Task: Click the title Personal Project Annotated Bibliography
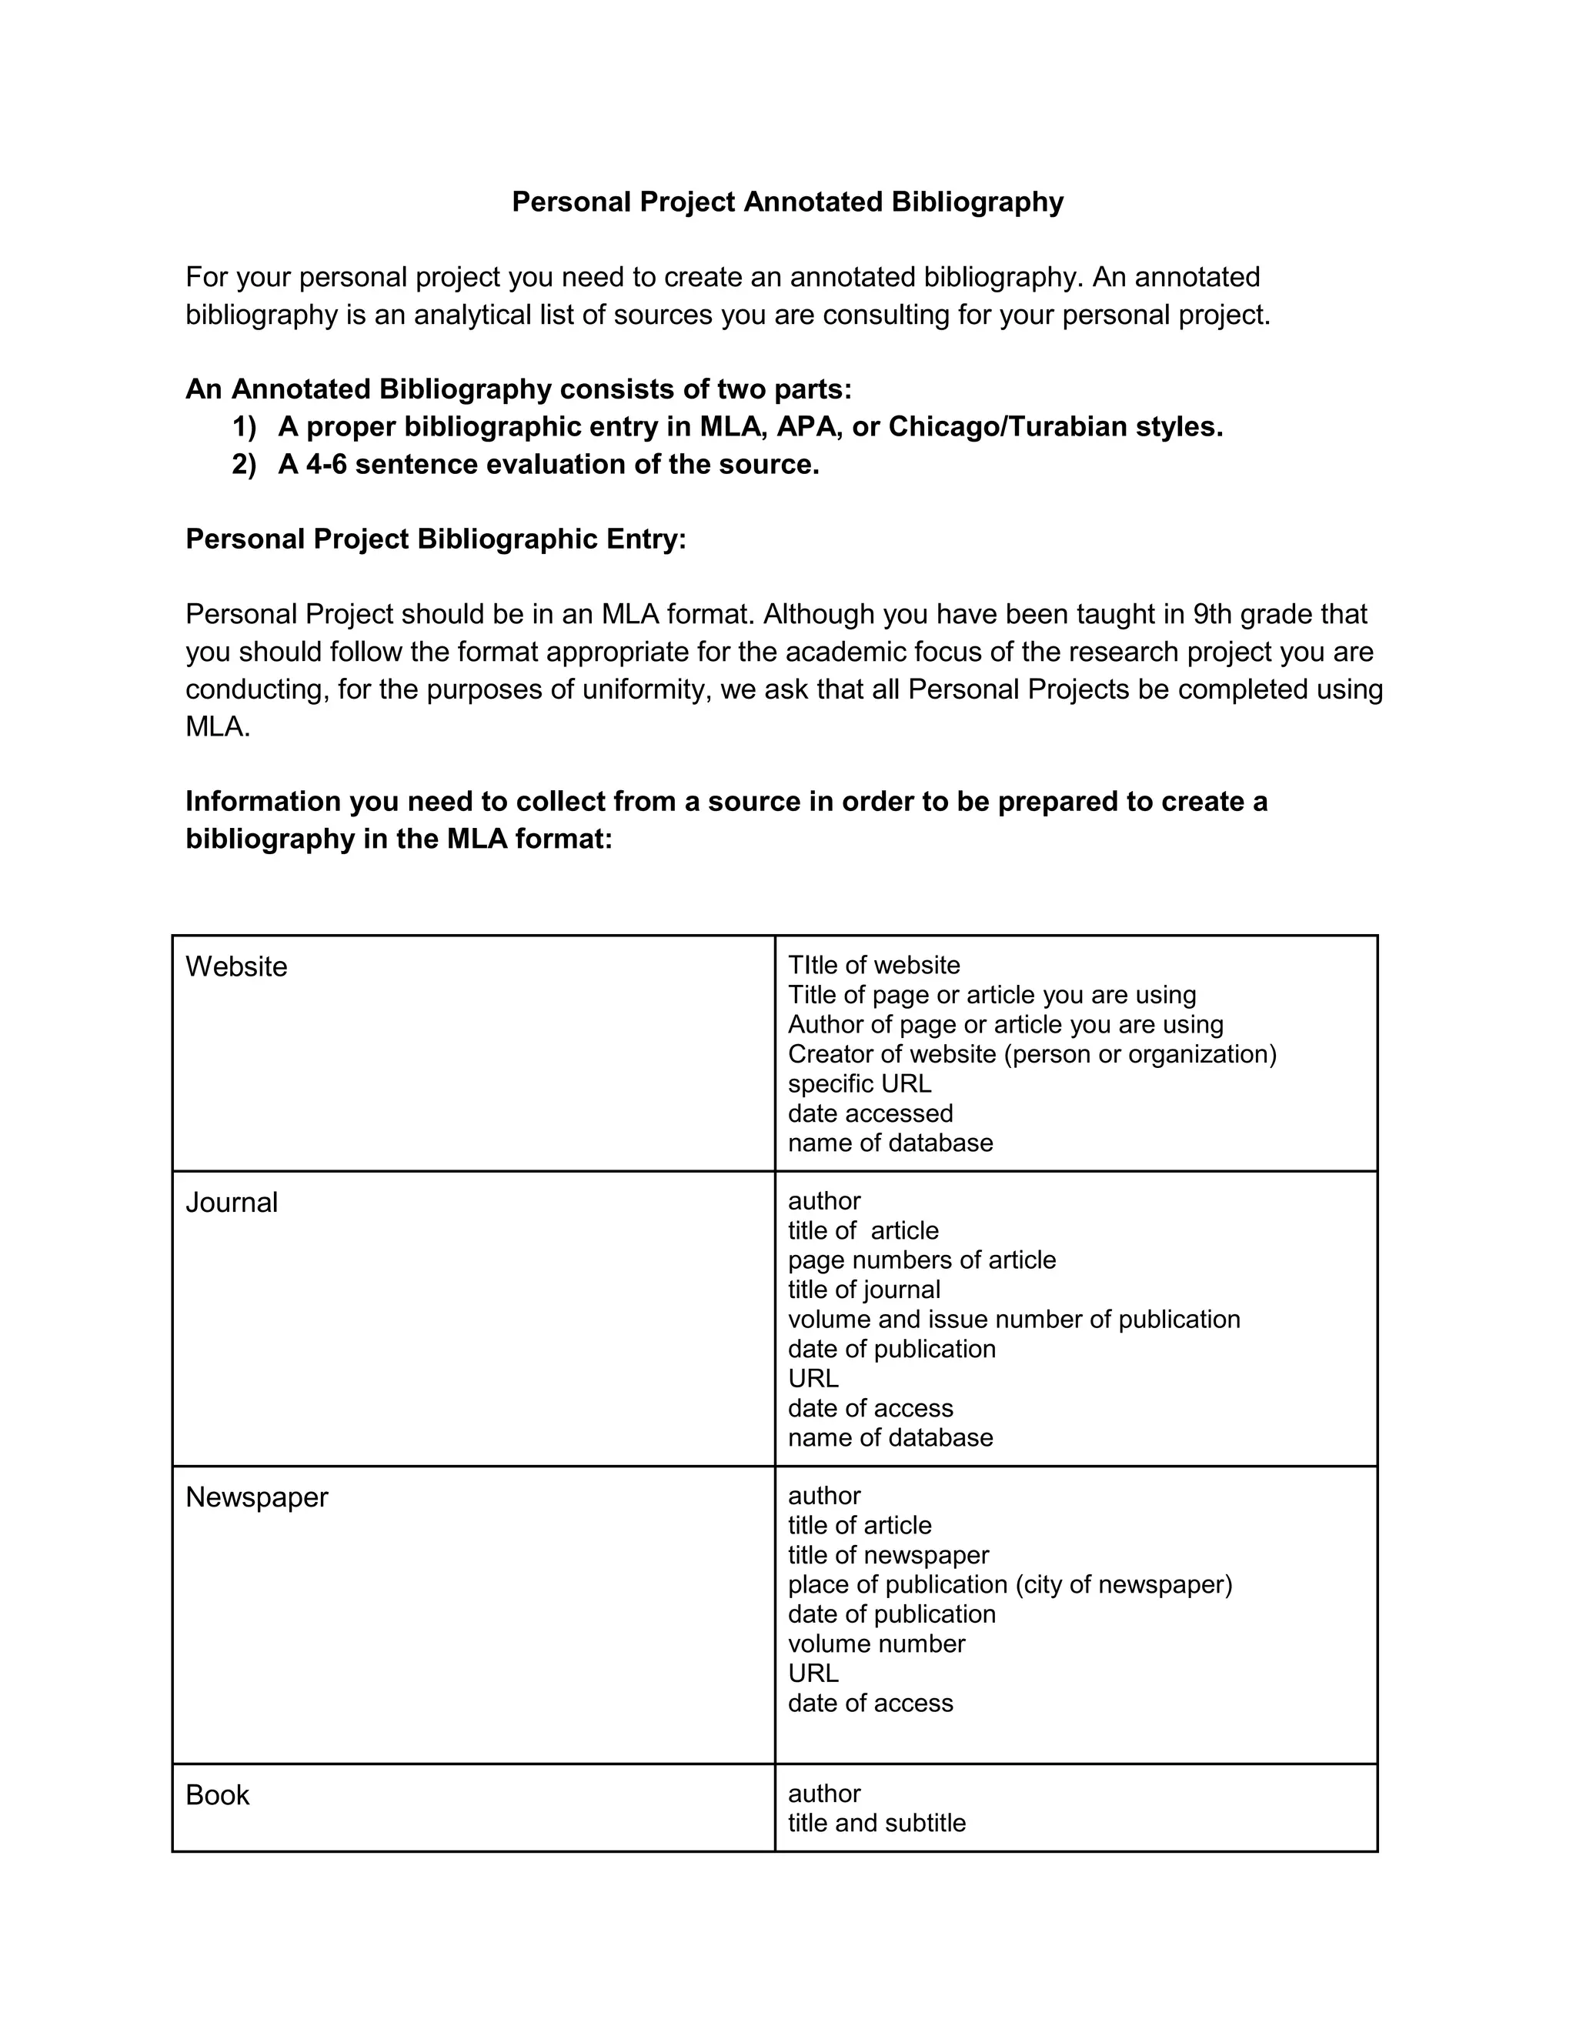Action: [787, 202]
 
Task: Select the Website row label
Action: [236, 966]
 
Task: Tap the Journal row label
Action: [232, 1203]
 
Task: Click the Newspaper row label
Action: [257, 1497]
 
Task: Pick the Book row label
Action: [218, 1795]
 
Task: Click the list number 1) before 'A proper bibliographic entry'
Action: [244, 427]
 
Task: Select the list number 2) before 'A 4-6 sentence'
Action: [244, 464]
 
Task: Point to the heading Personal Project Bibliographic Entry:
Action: [436, 539]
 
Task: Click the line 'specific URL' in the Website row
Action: [859, 1084]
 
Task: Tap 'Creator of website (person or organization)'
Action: [1032, 1054]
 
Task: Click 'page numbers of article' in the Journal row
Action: [921, 1260]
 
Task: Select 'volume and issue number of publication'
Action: [1014, 1319]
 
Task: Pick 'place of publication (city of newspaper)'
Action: [1010, 1584]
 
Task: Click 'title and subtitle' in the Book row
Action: [876, 1824]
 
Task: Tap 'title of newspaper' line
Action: [888, 1555]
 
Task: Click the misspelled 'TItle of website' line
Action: [874, 966]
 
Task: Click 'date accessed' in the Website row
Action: [870, 1114]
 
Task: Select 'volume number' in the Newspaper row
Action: [876, 1644]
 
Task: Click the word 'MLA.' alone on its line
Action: [218, 726]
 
